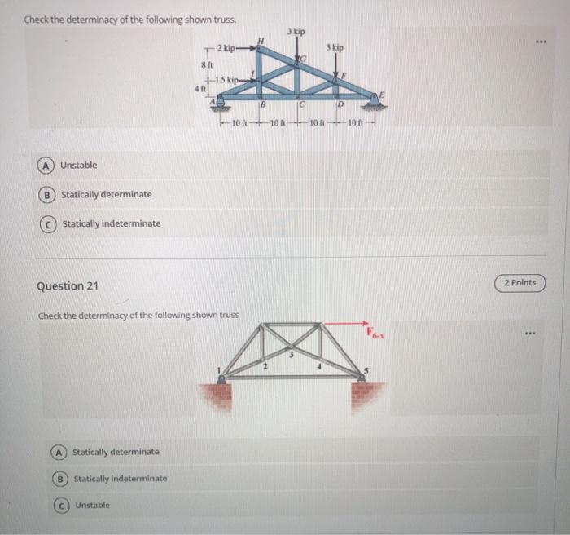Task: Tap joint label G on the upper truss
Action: click(303, 60)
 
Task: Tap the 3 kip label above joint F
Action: click(335, 48)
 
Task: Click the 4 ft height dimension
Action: click(196, 87)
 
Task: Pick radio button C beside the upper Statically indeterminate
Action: click(50, 223)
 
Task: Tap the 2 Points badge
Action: click(520, 283)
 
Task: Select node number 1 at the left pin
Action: click(217, 369)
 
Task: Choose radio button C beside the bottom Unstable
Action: click(61, 506)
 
